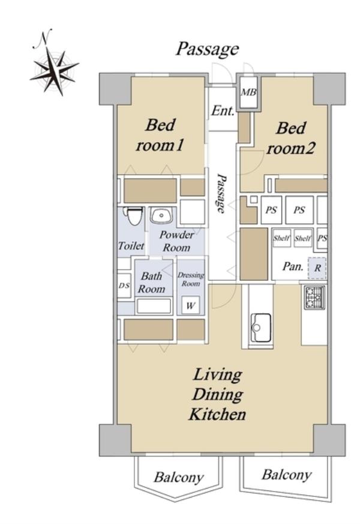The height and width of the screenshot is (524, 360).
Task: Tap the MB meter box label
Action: pyautogui.click(x=249, y=92)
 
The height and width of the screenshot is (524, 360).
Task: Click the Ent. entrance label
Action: pyautogui.click(x=223, y=110)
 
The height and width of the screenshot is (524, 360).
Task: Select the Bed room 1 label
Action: pyautogui.click(x=160, y=135)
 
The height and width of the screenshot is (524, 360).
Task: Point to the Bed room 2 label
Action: pyautogui.click(x=291, y=138)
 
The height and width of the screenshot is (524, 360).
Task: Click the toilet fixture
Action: pyautogui.click(x=133, y=216)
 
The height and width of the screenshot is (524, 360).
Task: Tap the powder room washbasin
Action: pyautogui.click(x=161, y=215)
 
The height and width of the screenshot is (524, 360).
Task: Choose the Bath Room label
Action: pyautogui.click(x=152, y=282)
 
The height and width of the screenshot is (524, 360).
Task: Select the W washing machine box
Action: pyautogui.click(x=190, y=305)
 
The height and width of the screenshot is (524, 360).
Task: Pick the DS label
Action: pyautogui.click(x=124, y=286)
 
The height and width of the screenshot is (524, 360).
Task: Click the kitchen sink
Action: pyautogui.click(x=260, y=328)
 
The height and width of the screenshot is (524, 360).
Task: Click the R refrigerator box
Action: pyautogui.click(x=317, y=268)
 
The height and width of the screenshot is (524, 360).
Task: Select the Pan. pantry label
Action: pyautogui.click(x=293, y=267)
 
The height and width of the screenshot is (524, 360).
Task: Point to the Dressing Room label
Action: pyautogui.click(x=190, y=279)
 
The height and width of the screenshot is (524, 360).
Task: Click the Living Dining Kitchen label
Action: pyautogui.click(x=217, y=395)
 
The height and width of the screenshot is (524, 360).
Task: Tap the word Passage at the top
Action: pyautogui.click(x=208, y=49)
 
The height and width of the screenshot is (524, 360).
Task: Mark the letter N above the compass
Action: pyautogui.click(x=44, y=37)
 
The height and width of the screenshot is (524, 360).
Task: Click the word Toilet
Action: pyautogui.click(x=131, y=246)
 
